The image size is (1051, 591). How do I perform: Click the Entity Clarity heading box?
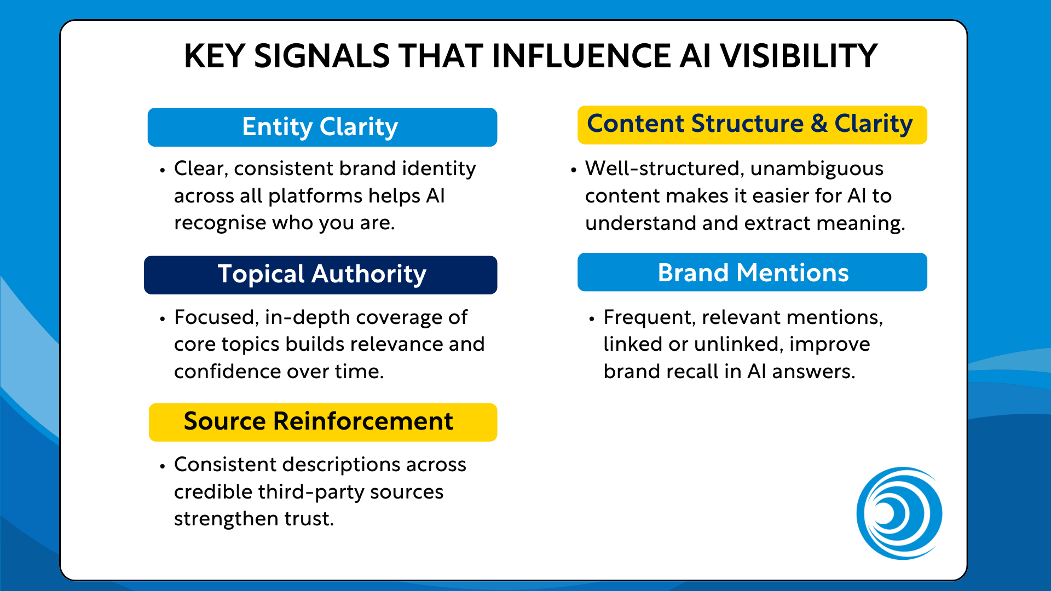tap(322, 127)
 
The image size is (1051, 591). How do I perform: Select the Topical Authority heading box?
tap(321, 275)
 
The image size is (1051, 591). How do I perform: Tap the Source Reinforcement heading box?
tap(323, 422)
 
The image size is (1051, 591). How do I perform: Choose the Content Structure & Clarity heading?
tap(752, 125)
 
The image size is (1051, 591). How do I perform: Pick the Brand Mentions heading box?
tap(752, 272)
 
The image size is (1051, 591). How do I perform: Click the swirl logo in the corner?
tap(899, 513)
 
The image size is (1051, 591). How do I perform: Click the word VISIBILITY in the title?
tap(799, 56)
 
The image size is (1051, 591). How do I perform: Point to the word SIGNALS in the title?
tap(322, 56)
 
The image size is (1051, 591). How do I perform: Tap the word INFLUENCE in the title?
tap(581, 56)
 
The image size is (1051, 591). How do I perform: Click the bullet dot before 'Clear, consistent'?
tap(163, 170)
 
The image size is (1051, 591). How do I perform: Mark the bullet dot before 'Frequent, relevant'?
tap(592, 319)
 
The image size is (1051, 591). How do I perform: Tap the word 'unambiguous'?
tap(817, 169)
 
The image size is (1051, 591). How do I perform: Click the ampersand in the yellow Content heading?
tap(819, 124)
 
